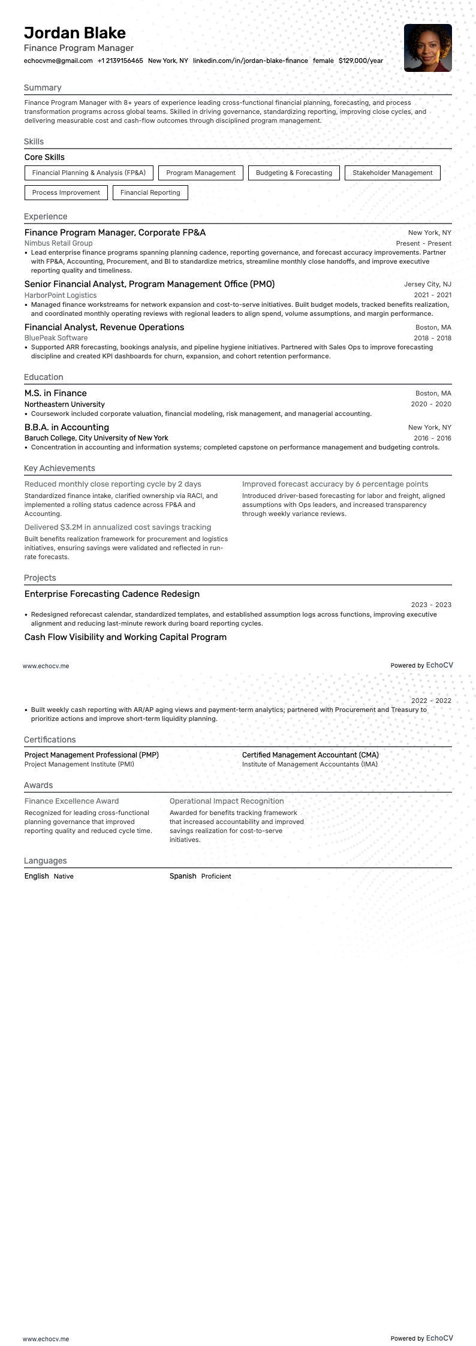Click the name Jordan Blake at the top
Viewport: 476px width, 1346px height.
pos(75,33)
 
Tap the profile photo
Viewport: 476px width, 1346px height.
pos(427,48)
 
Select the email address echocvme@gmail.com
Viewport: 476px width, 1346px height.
pos(58,61)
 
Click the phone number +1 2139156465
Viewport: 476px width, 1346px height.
pos(120,61)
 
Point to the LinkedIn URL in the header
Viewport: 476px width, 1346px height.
pos(250,61)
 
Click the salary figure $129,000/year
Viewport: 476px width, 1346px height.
pos(360,61)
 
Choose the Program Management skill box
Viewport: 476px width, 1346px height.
pos(200,173)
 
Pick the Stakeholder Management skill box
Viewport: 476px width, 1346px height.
pos(392,173)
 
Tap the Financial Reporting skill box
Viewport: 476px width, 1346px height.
pos(150,193)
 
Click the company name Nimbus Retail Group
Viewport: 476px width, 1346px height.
pos(58,243)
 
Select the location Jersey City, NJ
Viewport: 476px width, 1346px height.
pos(427,284)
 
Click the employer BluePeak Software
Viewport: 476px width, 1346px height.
pos(56,338)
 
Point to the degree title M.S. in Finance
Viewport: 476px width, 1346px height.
pos(55,393)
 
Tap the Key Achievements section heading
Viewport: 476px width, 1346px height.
pos(59,468)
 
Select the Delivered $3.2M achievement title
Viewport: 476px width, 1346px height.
pos(118,527)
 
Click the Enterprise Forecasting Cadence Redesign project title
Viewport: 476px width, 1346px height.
pos(112,594)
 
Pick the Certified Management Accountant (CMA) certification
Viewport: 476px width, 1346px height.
pos(310,755)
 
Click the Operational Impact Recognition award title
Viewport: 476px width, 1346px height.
pos(227,801)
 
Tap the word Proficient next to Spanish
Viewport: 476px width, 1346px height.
pos(216,876)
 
